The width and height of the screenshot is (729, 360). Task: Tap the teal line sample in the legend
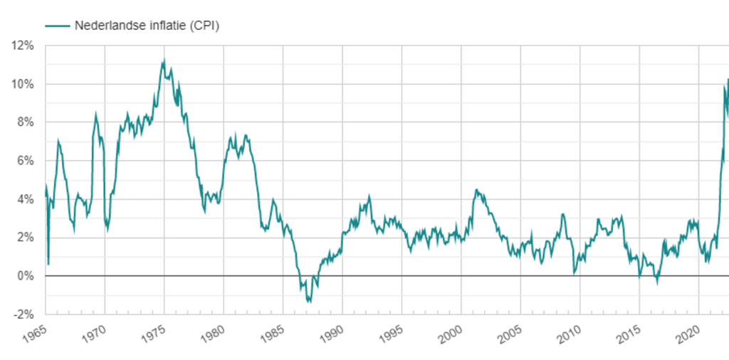click(58, 26)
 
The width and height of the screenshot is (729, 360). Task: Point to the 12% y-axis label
click(23, 46)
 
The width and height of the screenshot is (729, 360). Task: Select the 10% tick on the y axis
click(23, 85)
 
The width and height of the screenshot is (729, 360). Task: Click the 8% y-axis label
click(26, 122)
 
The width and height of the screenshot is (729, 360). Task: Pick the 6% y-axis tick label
click(26, 161)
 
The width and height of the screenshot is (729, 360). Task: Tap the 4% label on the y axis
click(26, 199)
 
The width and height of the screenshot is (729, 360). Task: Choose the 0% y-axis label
click(26, 276)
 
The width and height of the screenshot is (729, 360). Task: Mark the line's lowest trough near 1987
click(310, 302)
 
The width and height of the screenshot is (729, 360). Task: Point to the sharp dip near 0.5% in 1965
click(48, 264)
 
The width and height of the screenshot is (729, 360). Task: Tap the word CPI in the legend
click(206, 26)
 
